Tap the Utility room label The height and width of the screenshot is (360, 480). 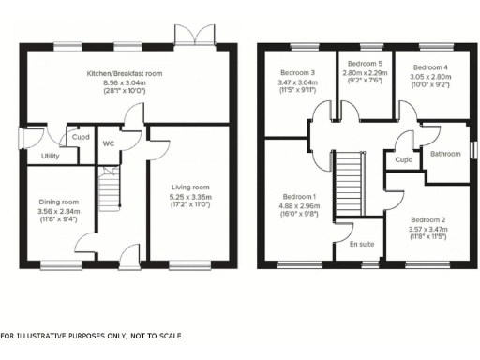click(x=51, y=157)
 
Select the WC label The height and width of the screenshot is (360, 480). click(x=109, y=144)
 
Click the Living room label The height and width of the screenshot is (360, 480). click(x=188, y=187)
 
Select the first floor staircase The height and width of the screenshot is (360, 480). click(x=349, y=184)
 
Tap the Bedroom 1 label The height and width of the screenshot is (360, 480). click(x=301, y=197)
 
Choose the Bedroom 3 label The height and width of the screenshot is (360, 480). click(x=299, y=72)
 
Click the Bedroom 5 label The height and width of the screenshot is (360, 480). click(x=364, y=63)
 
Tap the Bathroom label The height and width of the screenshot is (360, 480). click(x=443, y=153)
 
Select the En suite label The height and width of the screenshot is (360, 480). click(x=360, y=244)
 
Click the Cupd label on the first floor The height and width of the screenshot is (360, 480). click(x=404, y=160)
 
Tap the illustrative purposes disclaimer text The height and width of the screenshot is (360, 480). click(x=91, y=336)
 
